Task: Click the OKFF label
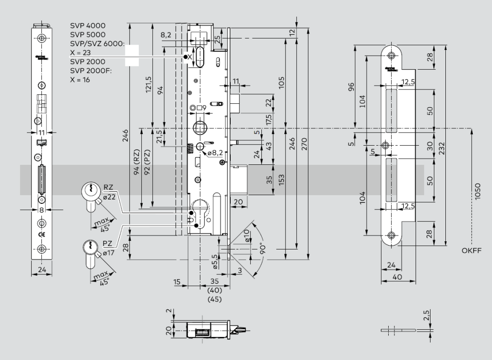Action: coord(471,250)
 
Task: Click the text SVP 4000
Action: coord(88,25)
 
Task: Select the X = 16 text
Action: coord(80,80)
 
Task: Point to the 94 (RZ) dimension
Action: coord(136,163)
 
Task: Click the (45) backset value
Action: coord(214,299)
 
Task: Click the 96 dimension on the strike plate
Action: coord(351,87)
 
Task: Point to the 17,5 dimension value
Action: coord(269,118)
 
